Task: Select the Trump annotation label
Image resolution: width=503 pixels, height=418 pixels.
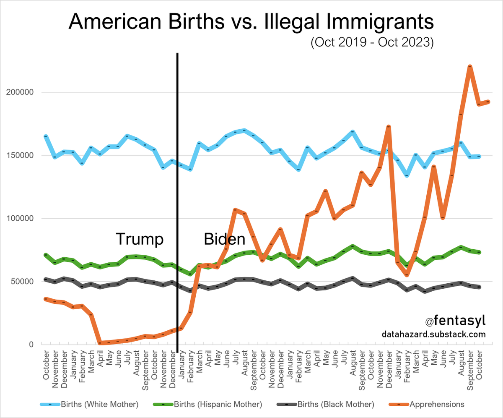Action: click(139, 239)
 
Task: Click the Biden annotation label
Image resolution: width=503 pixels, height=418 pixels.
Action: click(224, 239)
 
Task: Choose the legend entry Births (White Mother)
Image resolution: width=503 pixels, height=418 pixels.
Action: click(90, 405)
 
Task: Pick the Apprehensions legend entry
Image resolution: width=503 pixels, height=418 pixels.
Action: click(432, 405)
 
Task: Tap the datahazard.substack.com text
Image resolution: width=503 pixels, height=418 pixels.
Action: click(434, 334)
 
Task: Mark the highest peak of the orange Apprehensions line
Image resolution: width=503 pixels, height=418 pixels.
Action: click(470, 66)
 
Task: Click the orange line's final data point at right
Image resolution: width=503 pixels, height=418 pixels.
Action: click(488, 102)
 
